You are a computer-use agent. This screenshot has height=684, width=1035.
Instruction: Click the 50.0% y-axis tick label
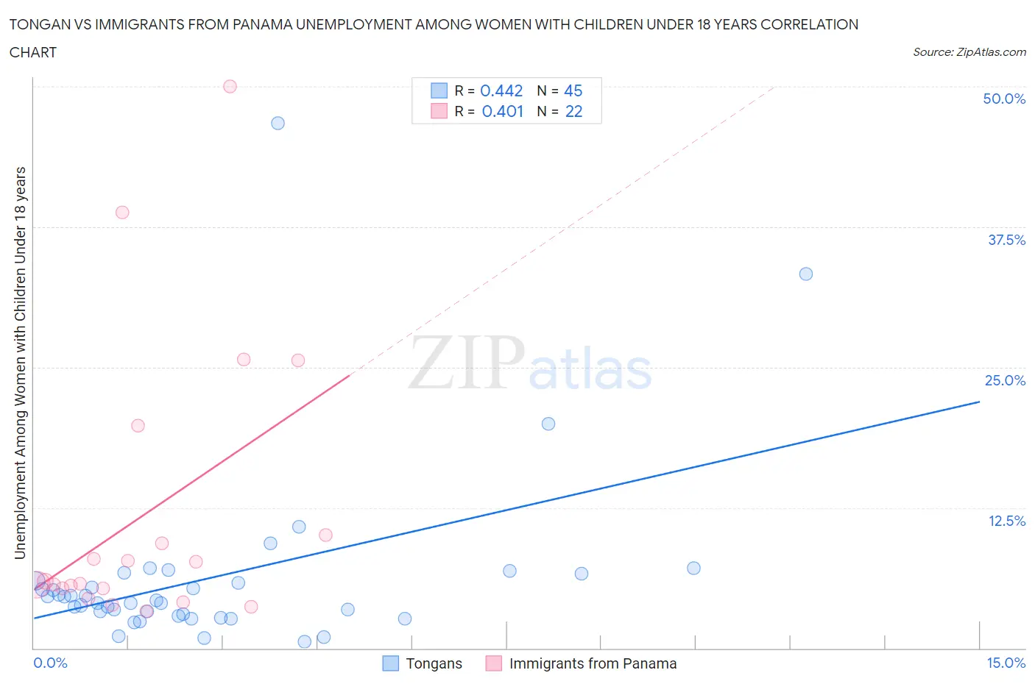[1003, 99]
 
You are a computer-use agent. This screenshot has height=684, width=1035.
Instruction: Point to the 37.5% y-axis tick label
[1006, 240]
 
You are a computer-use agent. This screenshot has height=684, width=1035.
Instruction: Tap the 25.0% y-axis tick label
[1004, 380]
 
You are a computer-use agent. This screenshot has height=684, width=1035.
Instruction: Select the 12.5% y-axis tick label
[1006, 521]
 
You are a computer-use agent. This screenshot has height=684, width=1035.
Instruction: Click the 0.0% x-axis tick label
[50, 663]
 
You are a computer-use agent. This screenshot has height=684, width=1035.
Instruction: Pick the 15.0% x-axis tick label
[1006, 663]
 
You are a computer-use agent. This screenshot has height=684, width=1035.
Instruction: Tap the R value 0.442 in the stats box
[501, 90]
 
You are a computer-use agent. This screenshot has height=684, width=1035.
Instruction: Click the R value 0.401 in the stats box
[502, 111]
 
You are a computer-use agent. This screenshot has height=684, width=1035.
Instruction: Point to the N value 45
[573, 90]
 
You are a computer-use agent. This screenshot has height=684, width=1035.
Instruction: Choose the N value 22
[573, 111]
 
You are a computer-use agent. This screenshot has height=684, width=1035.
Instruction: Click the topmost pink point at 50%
[230, 86]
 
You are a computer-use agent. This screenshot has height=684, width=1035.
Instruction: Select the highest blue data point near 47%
[278, 123]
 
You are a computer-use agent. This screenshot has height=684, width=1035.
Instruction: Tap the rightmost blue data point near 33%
[806, 274]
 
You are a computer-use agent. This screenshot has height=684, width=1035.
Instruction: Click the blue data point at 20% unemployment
[548, 424]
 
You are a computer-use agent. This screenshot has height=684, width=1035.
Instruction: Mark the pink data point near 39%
[122, 213]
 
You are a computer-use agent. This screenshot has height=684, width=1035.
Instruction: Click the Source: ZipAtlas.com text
[969, 51]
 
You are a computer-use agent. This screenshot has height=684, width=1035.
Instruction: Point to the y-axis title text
[21, 363]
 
